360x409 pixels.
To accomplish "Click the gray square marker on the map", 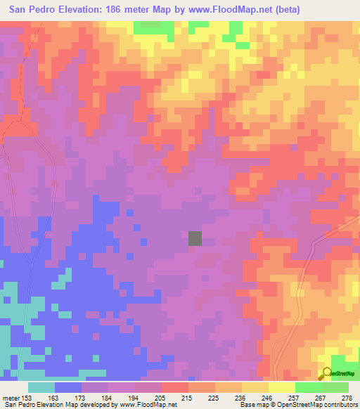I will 195,238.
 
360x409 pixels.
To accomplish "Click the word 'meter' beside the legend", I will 11,397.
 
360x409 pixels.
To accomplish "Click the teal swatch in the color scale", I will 41,387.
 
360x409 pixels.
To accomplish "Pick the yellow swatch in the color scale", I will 255,387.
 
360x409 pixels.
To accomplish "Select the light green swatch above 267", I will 308,387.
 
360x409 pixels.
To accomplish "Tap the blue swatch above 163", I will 68,387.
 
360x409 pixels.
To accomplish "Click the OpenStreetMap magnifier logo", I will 328,374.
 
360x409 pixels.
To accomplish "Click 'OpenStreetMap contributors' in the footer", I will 316,405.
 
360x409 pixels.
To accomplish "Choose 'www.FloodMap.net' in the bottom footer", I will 145,405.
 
